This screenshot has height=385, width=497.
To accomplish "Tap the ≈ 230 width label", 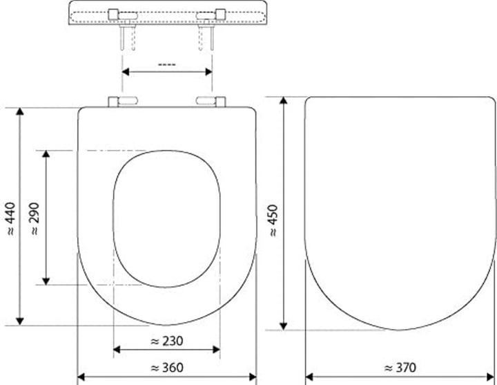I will coord(166,341).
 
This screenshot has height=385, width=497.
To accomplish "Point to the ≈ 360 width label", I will coord(166,368).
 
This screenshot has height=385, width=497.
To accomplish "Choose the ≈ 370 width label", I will coord(401,368).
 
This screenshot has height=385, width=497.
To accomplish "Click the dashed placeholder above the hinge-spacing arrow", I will coord(166,64).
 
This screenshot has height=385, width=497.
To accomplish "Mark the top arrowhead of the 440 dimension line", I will coord(21,111).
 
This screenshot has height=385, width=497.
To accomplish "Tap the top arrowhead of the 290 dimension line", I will coord(46,154).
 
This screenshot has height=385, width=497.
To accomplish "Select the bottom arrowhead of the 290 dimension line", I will coord(46,280).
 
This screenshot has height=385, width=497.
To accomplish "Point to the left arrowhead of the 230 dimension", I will coord(116,350).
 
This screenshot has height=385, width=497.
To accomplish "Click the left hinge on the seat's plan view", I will coord(121,102).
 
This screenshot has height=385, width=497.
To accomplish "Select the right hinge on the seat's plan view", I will coord(211,102).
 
